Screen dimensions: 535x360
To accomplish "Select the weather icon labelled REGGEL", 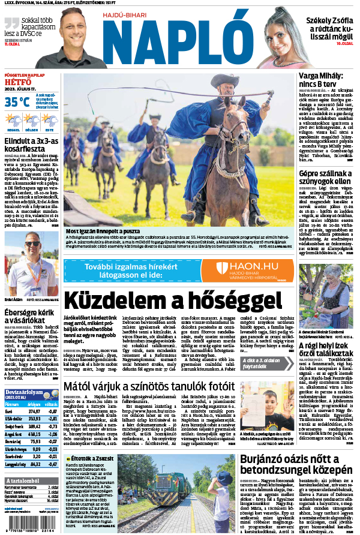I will [13, 121].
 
